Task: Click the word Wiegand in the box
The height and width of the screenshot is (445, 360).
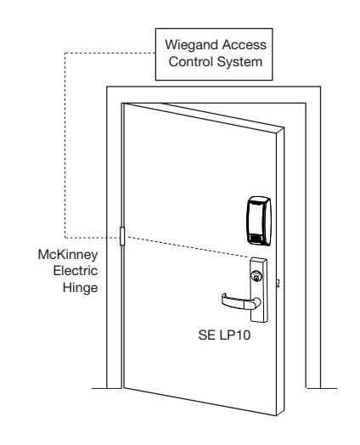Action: (x=192, y=46)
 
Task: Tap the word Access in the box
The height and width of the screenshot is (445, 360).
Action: (x=245, y=45)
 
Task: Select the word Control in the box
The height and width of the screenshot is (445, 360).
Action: (x=191, y=62)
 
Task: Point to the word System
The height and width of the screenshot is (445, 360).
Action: (x=239, y=63)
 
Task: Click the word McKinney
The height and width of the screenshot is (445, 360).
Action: (x=68, y=255)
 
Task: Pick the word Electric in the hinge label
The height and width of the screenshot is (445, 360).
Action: (x=76, y=271)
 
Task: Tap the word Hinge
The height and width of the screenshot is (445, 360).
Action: (x=81, y=288)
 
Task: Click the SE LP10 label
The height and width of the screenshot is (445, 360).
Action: (x=224, y=335)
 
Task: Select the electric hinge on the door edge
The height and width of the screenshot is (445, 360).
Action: (x=122, y=236)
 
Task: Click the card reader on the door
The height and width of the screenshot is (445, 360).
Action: (x=259, y=220)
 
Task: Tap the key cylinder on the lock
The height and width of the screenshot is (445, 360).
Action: (x=256, y=276)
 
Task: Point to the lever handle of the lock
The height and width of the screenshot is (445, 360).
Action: (x=240, y=301)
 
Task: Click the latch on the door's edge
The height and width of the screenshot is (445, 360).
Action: (x=278, y=284)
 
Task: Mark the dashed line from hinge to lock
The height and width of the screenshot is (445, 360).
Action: (x=188, y=247)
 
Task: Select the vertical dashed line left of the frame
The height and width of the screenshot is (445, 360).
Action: (x=65, y=145)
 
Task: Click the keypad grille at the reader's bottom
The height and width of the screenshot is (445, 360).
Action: (x=257, y=238)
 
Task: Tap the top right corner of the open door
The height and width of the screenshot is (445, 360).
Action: (x=284, y=128)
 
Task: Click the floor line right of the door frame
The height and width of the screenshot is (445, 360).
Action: (x=323, y=388)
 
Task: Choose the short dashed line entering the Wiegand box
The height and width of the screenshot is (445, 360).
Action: (x=110, y=53)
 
